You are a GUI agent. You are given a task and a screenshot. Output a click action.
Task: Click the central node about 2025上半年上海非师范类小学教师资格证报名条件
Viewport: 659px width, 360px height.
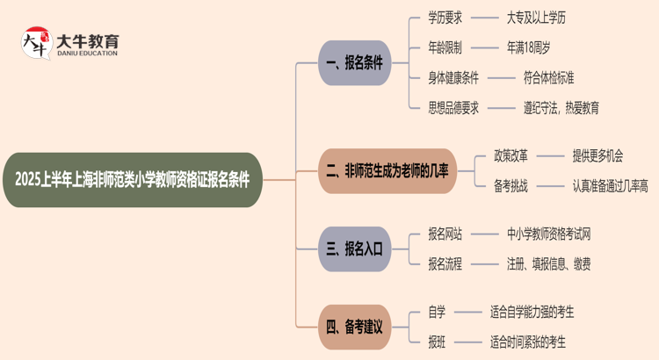[x=132, y=180]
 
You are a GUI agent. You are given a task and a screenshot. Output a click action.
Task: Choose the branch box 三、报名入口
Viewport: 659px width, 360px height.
[x=354, y=248]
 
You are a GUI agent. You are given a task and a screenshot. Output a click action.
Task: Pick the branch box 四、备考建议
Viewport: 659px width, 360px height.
[x=354, y=327]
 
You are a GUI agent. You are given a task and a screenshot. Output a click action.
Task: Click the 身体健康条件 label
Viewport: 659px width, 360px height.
[x=453, y=77]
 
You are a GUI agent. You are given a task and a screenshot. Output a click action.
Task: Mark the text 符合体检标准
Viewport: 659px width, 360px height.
[x=549, y=77]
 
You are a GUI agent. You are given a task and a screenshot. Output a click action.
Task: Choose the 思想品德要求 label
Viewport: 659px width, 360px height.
[x=453, y=108]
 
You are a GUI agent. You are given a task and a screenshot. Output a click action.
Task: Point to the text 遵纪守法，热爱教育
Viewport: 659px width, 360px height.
[x=561, y=108]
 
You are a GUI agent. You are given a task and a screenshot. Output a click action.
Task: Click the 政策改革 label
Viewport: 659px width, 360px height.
[x=512, y=155]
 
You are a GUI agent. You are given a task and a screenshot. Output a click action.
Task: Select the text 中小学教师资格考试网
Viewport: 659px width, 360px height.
[x=548, y=234]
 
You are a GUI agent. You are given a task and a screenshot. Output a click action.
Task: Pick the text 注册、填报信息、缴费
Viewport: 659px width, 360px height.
[x=548, y=263]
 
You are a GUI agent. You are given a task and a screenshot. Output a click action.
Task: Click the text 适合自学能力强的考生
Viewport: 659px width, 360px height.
[x=532, y=312]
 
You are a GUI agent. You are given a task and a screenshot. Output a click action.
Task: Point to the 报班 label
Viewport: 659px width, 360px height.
[x=437, y=342]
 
